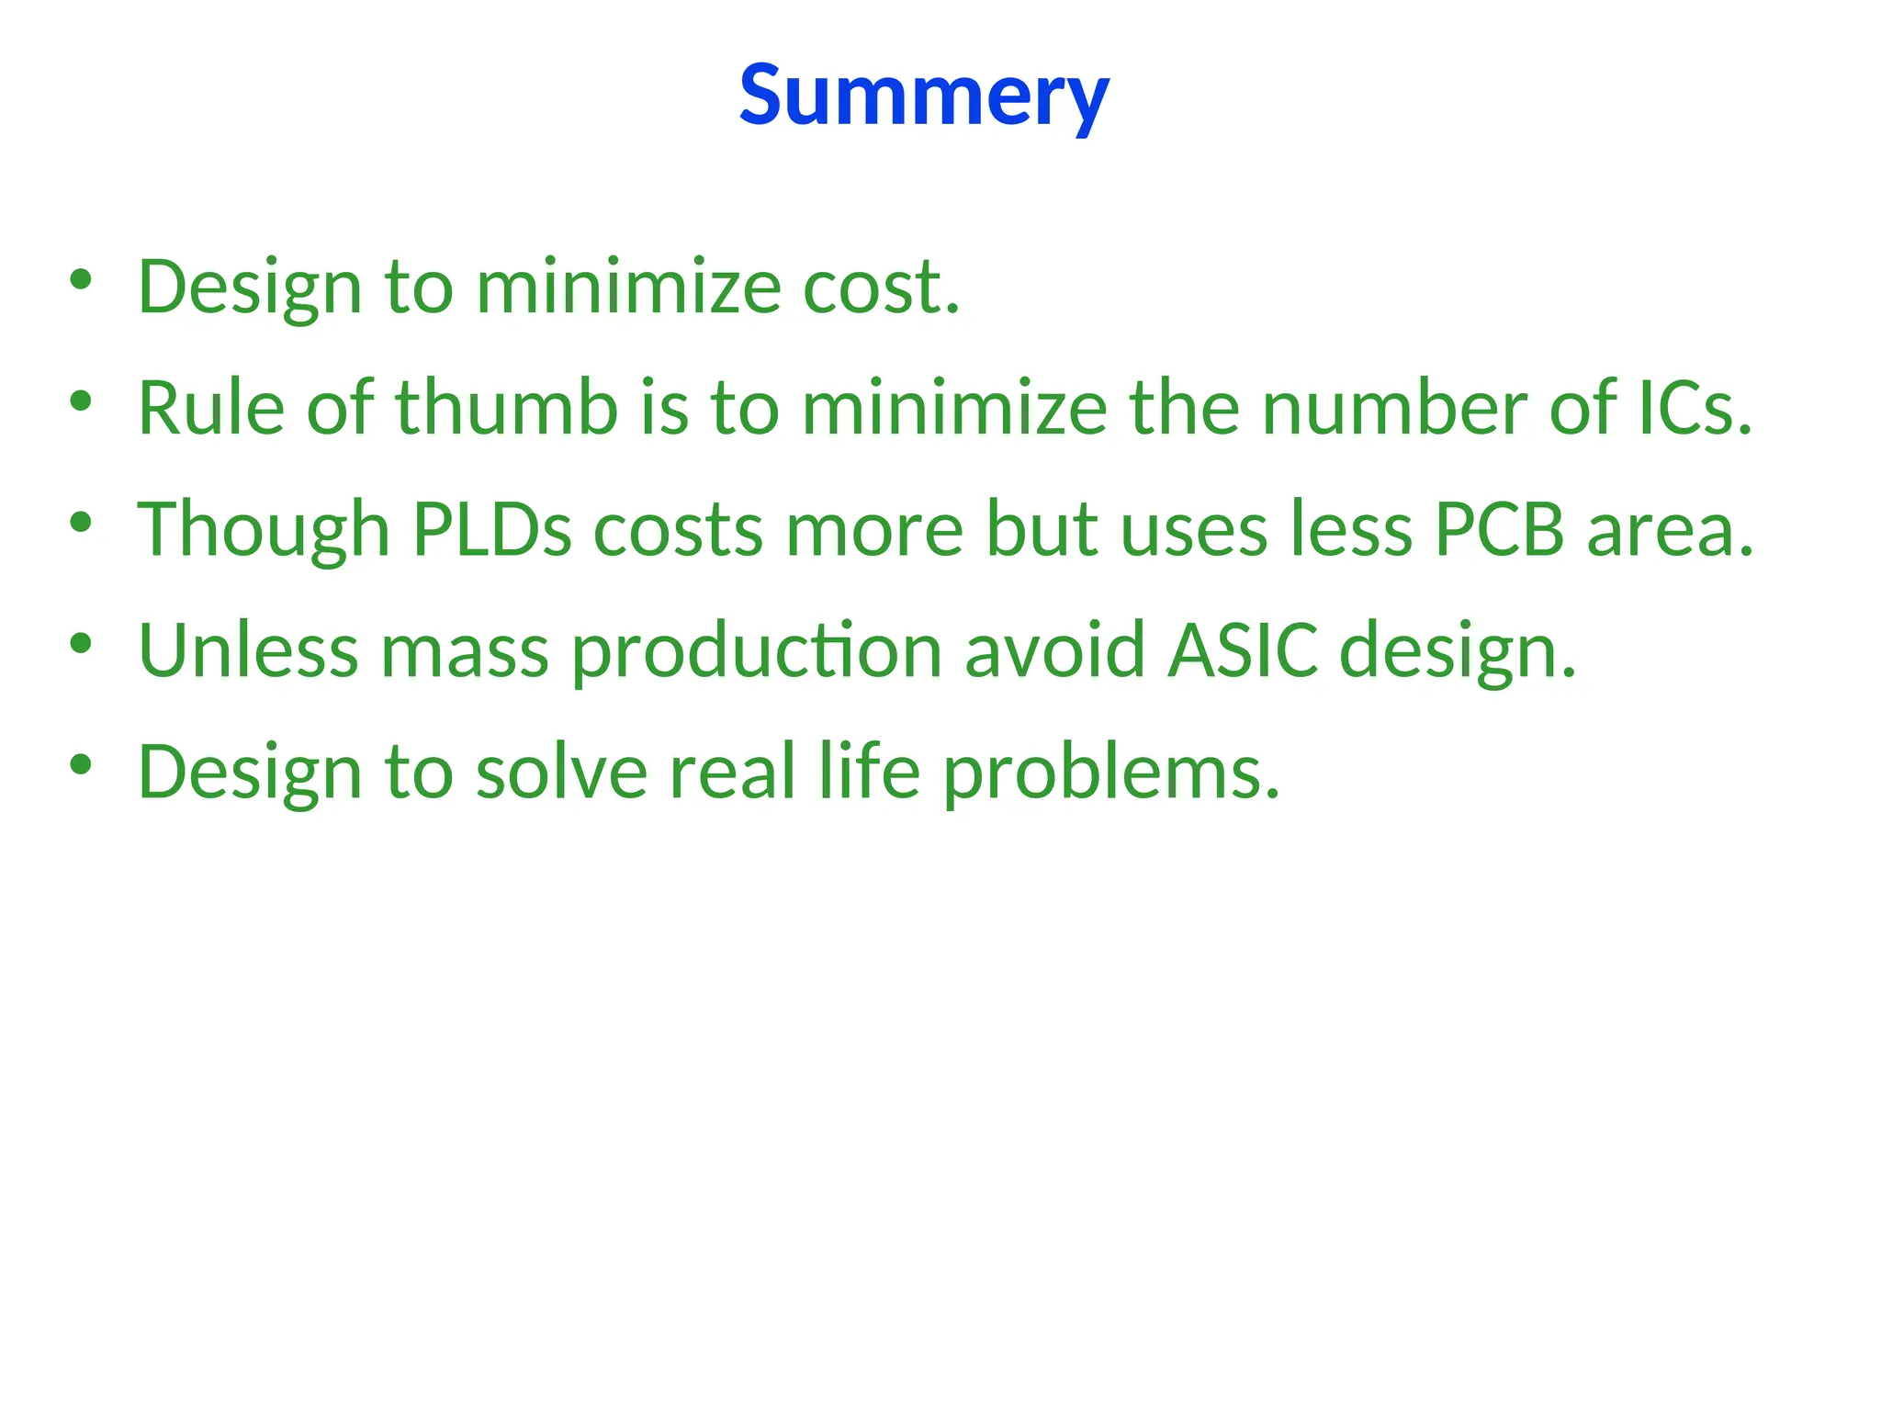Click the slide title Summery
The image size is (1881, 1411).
[924, 96]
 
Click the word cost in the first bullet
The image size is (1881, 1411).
[881, 287]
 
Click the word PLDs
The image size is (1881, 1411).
[491, 529]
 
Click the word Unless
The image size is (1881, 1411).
[248, 650]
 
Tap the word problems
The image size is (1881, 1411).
[1111, 773]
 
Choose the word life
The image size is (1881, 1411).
[869, 772]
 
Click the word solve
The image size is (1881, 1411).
[561, 772]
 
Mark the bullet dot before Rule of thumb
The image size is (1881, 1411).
[81, 401]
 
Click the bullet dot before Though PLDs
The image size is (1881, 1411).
[81, 522]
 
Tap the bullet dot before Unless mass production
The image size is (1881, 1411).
[81, 643]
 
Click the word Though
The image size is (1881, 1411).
[264, 531]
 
